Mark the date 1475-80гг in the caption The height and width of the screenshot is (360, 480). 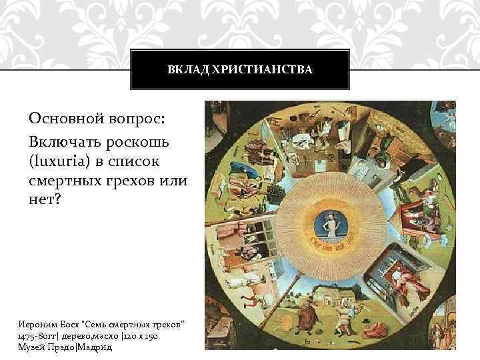click(41, 336)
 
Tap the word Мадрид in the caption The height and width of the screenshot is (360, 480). click(96, 347)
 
